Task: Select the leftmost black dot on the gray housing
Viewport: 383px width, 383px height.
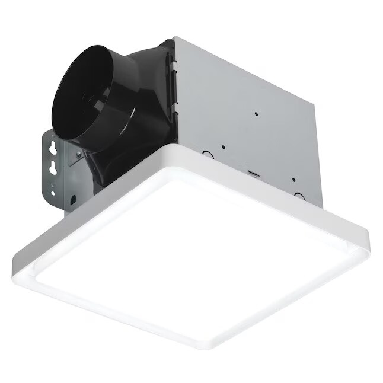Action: [x=223, y=147]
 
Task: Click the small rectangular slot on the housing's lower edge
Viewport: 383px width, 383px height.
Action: [x=253, y=173]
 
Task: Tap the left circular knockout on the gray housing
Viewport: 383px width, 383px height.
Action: [x=208, y=155]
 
